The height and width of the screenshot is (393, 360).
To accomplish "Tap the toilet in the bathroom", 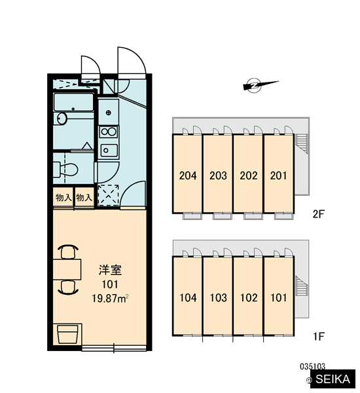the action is coord(66,170).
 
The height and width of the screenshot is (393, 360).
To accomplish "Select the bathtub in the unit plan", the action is coord(74,102).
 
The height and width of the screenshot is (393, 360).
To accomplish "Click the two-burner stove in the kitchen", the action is coord(109,132).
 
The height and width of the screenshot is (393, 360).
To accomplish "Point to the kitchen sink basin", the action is coord(109,151).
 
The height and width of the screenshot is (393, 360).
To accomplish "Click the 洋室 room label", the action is coord(110,271).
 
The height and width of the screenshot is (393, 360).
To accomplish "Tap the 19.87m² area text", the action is coord(110,299).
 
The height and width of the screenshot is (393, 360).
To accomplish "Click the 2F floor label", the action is coord(318,214).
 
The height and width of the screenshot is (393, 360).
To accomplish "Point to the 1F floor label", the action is coord(319,337).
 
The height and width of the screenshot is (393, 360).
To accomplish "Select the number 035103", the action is coord(312,367).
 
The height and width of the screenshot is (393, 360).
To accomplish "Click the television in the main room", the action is coord(67,335).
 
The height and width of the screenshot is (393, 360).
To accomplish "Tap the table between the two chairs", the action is coord(67,269).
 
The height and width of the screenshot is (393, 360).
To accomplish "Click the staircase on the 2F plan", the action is coord(301,143).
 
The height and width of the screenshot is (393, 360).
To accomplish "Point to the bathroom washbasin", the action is coord(62,119).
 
